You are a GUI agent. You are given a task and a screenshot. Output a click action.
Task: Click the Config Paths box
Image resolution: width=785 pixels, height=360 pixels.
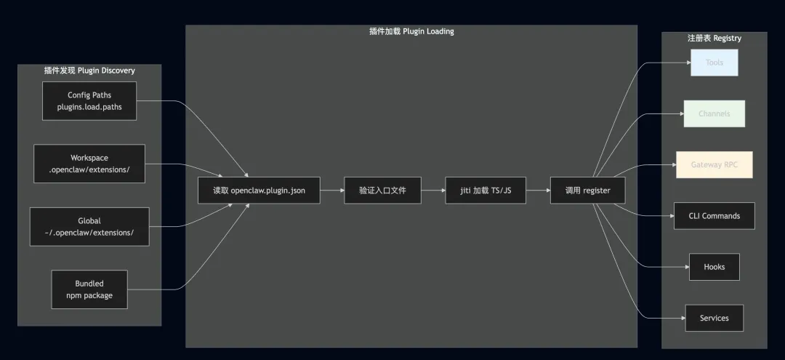click(89, 101)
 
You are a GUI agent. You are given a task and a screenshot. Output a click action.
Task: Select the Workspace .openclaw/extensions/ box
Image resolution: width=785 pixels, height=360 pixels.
click(89, 164)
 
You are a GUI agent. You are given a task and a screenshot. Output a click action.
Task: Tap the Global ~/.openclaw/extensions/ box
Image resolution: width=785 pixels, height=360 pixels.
click(89, 226)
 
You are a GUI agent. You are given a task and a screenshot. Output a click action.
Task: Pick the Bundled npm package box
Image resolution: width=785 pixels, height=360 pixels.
click(89, 289)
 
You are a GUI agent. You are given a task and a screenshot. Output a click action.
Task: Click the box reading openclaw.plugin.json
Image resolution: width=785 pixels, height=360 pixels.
click(259, 191)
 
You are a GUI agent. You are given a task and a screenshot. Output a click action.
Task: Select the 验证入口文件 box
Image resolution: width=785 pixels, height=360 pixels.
click(382, 191)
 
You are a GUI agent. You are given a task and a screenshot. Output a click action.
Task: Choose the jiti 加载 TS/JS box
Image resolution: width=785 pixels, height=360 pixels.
click(485, 191)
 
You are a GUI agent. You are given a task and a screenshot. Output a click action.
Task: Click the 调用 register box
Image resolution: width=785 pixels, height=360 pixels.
click(587, 191)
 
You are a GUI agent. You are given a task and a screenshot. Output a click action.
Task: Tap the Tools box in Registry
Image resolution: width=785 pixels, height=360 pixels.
click(714, 63)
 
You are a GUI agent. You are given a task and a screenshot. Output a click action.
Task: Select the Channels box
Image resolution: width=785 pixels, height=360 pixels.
click(714, 113)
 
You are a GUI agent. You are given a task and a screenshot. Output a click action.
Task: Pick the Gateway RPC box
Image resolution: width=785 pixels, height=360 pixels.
click(714, 165)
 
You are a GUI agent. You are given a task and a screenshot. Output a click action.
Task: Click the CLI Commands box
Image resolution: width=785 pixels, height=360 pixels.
click(714, 216)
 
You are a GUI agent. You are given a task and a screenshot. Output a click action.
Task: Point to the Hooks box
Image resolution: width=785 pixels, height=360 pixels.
click(714, 267)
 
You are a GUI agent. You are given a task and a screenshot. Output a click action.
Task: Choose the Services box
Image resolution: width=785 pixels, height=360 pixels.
click(714, 318)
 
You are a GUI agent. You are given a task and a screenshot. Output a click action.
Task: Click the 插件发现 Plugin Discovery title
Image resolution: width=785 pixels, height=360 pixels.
click(89, 71)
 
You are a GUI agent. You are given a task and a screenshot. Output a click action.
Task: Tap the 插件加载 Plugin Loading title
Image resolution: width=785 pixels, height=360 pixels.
click(411, 31)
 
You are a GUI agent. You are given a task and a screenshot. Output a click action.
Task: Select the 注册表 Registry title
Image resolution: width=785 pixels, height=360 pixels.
click(714, 38)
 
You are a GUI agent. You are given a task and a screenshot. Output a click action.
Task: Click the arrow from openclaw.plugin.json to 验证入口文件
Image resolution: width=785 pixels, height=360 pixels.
click(332, 191)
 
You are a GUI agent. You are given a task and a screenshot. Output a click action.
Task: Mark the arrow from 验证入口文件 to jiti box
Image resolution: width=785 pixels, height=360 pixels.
click(432, 191)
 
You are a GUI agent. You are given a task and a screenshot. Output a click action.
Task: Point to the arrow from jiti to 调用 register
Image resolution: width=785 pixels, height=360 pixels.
click(538, 191)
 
